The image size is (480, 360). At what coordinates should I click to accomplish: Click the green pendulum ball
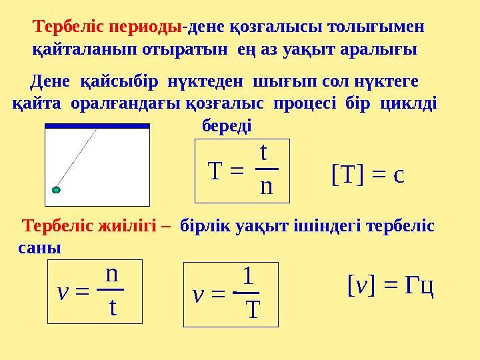56,190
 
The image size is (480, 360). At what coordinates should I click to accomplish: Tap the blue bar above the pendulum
97,125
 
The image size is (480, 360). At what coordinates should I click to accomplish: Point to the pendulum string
77,159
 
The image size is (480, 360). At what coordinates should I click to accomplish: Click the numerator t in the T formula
264,153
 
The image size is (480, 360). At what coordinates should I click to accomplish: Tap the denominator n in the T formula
266,186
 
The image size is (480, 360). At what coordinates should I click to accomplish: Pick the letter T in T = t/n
215,172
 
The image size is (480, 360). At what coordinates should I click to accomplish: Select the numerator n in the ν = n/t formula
112,274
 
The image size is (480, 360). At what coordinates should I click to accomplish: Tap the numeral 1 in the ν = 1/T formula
247,276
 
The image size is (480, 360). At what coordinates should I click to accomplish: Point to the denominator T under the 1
252,309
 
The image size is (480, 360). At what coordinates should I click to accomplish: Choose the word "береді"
227,125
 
